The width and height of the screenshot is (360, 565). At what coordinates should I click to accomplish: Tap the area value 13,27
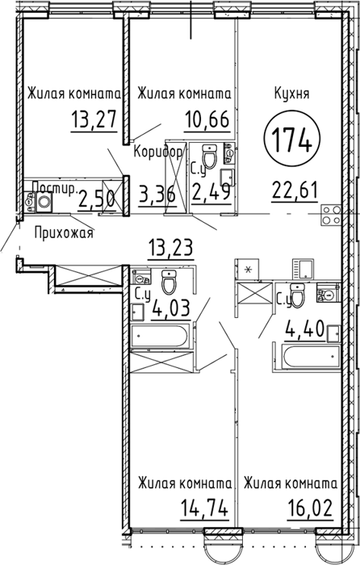click(x=94, y=119)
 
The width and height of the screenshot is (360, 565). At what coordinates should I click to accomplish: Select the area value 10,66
click(x=207, y=119)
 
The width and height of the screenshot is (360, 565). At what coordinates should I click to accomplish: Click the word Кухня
click(x=292, y=94)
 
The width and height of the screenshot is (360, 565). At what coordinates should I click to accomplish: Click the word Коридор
click(x=158, y=152)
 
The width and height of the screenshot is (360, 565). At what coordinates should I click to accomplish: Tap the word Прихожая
click(x=64, y=232)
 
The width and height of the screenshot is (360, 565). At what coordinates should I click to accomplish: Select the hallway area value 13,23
click(x=171, y=248)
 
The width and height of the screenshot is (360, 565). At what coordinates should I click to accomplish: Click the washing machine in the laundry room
click(x=44, y=201)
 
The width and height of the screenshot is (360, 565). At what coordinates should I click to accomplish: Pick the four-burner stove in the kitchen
click(x=331, y=215)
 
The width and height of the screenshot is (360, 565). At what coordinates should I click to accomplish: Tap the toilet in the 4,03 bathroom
click(x=169, y=281)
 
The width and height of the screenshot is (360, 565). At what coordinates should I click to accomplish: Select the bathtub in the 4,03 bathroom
click(x=159, y=337)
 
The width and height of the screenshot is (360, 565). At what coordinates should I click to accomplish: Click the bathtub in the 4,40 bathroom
click(x=312, y=357)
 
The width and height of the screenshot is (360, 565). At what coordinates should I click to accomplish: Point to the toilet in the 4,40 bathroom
click(x=297, y=295)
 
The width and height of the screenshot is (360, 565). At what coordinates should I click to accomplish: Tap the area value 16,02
click(x=310, y=508)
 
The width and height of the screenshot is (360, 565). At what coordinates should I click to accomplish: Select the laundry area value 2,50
click(x=97, y=199)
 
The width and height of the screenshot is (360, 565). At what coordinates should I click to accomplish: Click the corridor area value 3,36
click(x=157, y=195)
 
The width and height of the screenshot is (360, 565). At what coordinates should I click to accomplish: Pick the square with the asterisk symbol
click(x=247, y=269)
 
